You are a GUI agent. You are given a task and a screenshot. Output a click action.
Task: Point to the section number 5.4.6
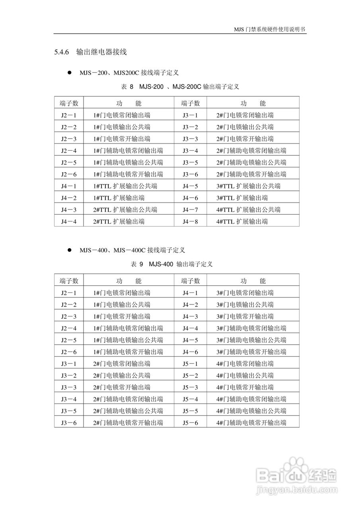(x=62, y=52)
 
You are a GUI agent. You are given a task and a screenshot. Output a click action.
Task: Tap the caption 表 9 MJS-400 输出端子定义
(x=172, y=264)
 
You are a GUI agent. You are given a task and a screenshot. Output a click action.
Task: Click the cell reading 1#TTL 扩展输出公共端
(x=125, y=186)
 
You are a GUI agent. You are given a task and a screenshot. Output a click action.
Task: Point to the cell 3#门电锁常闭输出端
(x=245, y=293)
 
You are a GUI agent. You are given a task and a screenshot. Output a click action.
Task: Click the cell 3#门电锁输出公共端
(x=245, y=305)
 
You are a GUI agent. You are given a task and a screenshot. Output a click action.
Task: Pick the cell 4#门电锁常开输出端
(x=245, y=387)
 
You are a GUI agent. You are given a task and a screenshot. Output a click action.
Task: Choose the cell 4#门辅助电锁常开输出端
(x=251, y=423)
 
